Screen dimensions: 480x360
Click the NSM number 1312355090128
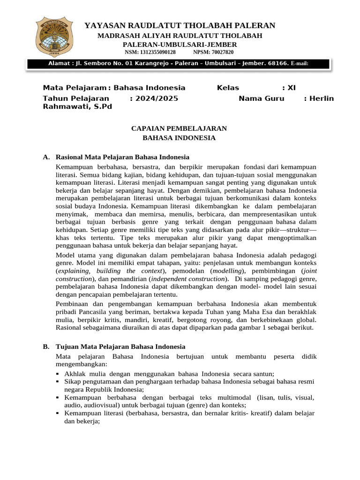click(x=157, y=52)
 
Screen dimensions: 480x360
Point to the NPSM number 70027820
click(x=220, y=52)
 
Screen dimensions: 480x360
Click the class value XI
click(x=291, y=88)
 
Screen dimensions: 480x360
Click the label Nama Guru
click(x=262, y=98)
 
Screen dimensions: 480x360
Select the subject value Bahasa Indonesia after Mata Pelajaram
click(x=150, y=88)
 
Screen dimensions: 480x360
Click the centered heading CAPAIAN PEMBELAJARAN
click(x=179, y=128)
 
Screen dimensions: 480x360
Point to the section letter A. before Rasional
click(x=46, y=157)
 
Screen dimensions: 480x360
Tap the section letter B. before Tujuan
click(x=46, y=346)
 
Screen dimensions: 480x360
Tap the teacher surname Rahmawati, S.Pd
click(x=77, y=106)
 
